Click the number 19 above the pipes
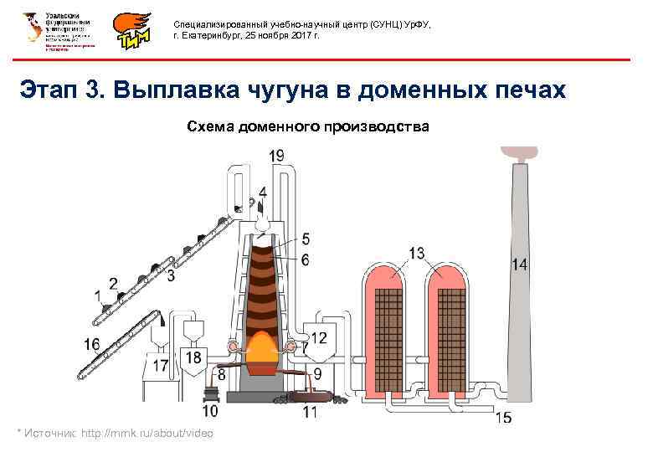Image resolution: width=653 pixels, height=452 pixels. [277, 156]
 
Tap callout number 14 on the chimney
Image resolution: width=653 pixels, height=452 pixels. [520, 265]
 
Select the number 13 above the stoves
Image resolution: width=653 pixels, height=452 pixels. [416, 253]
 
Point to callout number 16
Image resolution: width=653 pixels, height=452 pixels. [91, 343]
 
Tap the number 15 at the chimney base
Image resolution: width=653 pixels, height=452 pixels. [504, 416]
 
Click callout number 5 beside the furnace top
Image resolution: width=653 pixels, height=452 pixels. [306, 239]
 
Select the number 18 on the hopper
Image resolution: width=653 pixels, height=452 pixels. [193, 358]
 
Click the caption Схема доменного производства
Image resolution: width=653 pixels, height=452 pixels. [307, 127]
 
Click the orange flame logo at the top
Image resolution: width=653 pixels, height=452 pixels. [135, 32]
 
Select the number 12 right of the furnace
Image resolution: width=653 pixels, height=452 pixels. [320, 338]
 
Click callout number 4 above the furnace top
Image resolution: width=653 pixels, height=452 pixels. [264, 192]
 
